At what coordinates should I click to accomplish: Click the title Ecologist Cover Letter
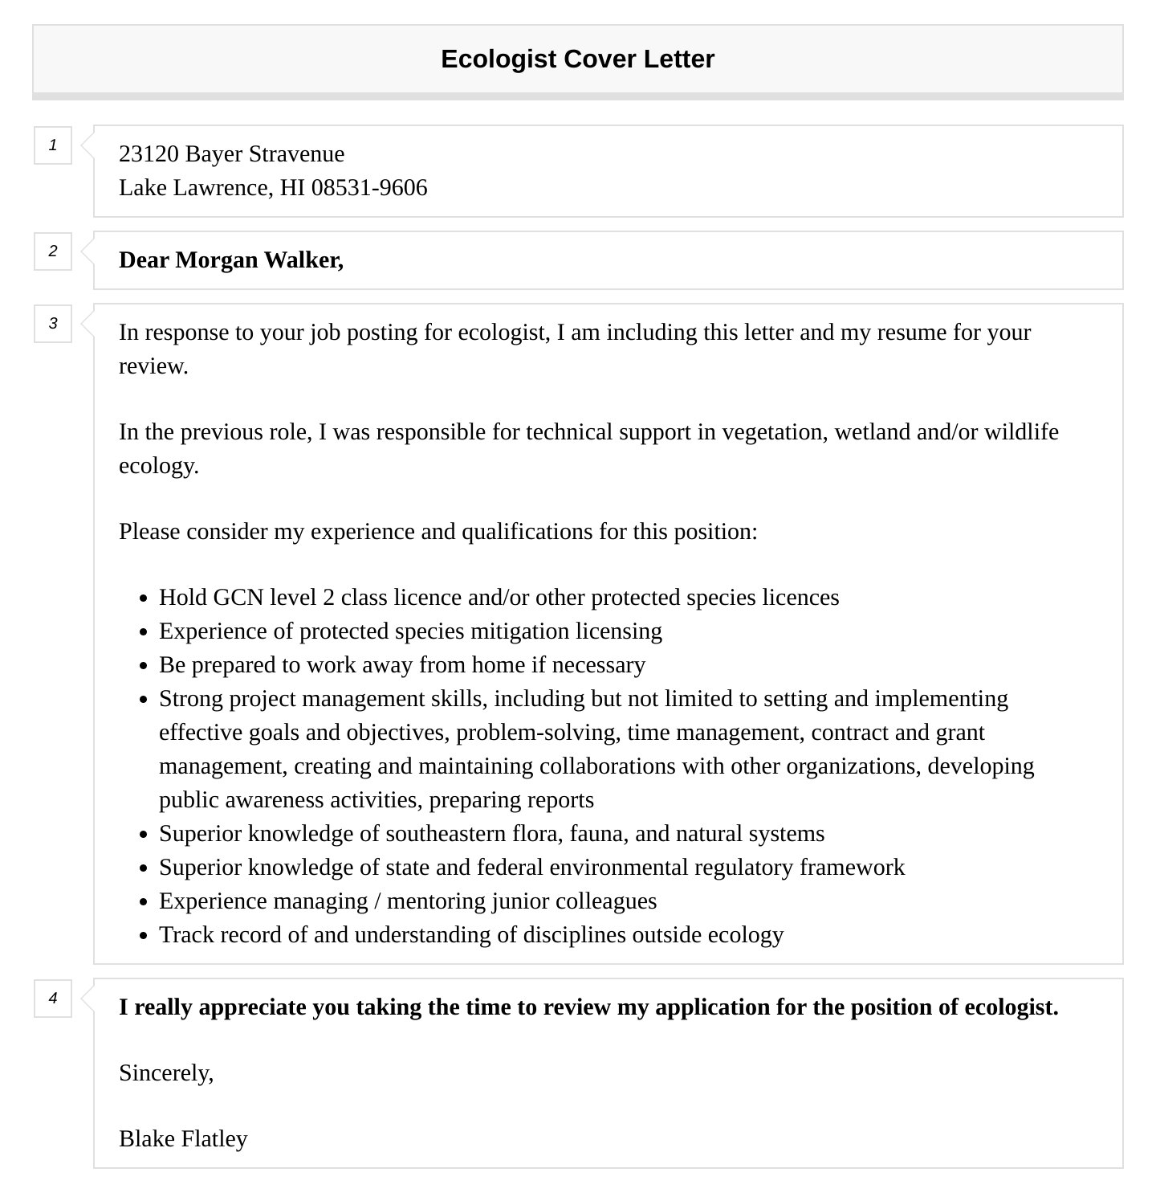[x=577, y=59]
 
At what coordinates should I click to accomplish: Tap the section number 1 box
[x=53, y=145]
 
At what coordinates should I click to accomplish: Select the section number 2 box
[x=53, y=251]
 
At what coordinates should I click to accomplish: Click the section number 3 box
[x=53, y=324]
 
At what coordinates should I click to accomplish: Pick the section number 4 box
[x=53, y=999]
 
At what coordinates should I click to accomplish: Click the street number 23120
[x=149, y=154]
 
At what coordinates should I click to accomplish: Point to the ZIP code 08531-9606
[x=369, y=188]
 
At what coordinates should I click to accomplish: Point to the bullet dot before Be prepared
[x=144, y=667]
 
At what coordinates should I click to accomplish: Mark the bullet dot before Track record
[x=144, y=937]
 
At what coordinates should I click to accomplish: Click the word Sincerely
[x=165, y=1073]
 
